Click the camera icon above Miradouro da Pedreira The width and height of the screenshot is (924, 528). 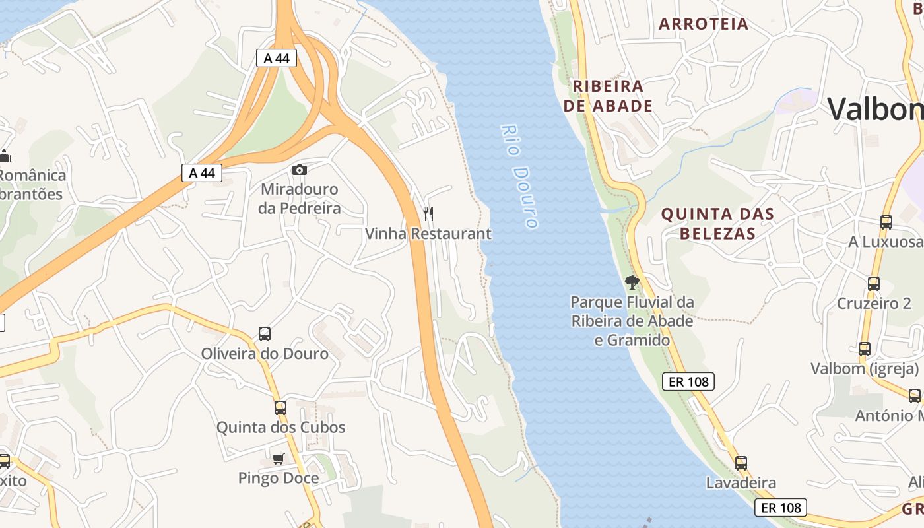[300, 170]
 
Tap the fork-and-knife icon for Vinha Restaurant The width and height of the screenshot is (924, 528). [428, 214]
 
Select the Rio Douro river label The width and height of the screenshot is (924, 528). [519, 176]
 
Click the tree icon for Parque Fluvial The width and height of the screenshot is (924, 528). [632, 283]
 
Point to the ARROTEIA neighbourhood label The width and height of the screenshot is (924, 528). [704, 24]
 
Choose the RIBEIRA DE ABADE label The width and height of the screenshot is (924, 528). [608, 96]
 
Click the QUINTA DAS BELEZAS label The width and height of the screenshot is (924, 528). [717, 224]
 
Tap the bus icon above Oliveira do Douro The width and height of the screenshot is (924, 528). [265, 334]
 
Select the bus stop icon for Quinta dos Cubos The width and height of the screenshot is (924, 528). [280, 408]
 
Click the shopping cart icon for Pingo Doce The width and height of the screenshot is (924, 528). [279, 459]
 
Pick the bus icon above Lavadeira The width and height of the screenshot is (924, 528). [741, 463]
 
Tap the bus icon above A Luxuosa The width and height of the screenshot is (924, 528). [886, 222]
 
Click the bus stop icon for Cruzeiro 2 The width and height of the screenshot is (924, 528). [874, 284]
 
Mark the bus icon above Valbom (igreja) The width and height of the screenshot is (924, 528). [865, 349]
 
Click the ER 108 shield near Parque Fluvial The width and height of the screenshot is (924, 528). [688, 381]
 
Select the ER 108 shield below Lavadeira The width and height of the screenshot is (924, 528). [781, 508]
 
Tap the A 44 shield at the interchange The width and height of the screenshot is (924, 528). [277, 58]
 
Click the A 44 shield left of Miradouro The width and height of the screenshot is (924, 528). [202, 173]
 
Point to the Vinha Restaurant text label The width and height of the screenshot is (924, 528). [428, 234]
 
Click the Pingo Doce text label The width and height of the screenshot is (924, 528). [279, 478]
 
